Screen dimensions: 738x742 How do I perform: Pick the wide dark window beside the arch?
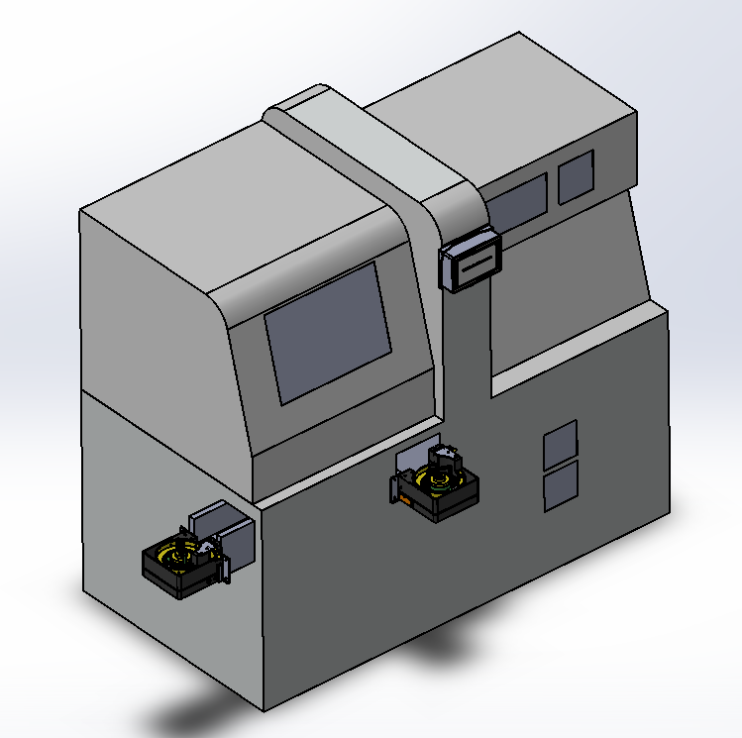coord(519,205)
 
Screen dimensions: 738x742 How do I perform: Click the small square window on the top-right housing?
coord(576,176)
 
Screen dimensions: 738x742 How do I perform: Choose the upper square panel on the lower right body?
coord(561,444)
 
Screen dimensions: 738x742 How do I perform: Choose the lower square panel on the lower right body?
coord(561,486)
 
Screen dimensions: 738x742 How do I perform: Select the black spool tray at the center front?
coord(441,489)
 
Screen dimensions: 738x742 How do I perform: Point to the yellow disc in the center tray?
coord(436,481)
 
